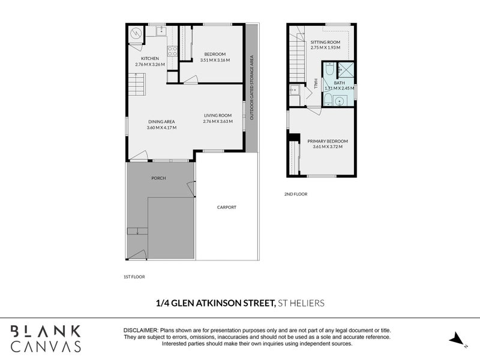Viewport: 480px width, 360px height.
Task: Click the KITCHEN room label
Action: [x=149, y=58]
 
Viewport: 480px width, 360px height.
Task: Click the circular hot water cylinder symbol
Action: [x=136, y=34]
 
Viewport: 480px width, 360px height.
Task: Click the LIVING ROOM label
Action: [x=217, y=115]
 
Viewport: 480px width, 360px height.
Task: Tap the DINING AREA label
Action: [x=161, y=122]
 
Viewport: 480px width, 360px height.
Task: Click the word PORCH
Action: [x=158, y=178]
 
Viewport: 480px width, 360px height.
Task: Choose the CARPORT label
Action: [x=227, y=207]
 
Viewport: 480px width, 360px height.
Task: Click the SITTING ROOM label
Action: [x=325, y=42]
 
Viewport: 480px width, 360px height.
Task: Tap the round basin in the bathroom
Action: [x=339, y=101]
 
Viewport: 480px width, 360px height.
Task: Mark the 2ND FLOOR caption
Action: [x=295, y=194]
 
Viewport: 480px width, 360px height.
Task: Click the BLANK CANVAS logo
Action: [x=45, y=338]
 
